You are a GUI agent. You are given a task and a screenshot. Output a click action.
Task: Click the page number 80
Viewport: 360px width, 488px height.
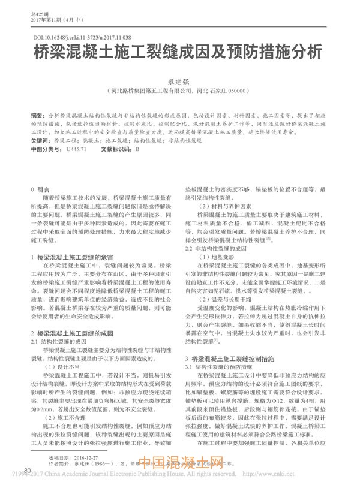point(27,471)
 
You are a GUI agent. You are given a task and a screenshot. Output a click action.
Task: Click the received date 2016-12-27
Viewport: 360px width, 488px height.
point(88,457)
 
